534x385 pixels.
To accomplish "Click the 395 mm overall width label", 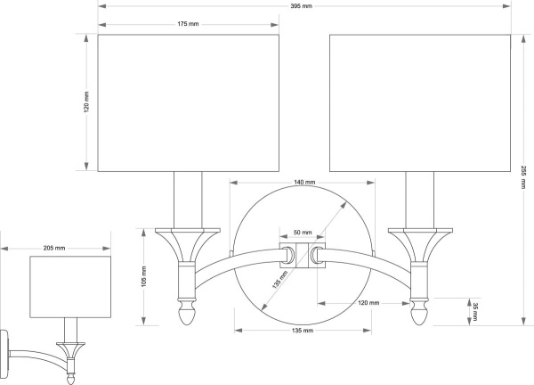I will coord(301,6).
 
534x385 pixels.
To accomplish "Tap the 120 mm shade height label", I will coord(86,103).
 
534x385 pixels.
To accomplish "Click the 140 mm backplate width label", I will coord(304,183).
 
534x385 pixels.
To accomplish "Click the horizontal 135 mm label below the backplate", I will coord(302,330).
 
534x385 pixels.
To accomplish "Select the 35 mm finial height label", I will coord(475,312).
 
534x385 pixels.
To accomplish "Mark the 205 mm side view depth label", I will coord(54,248).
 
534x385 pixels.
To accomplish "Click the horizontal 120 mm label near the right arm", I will coord(369,304).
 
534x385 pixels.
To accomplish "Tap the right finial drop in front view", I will coord(420,316).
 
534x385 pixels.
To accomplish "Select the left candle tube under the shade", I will coord(187,200).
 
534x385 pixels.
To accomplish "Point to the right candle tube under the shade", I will coord(419,200).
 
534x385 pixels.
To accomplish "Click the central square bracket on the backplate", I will coord(302,255).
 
